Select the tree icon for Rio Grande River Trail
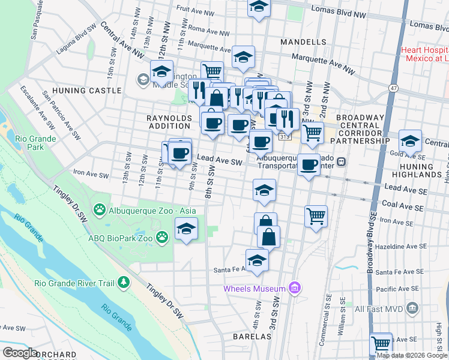(123, 282)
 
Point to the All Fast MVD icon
(412, 309)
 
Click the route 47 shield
(393, 88)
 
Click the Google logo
(20, 353)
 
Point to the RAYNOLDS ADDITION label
(169, 122)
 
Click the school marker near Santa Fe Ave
(257, 261)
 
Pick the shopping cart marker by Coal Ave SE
(316, 216)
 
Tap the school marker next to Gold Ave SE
(410, 142)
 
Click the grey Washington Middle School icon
(143, 79)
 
